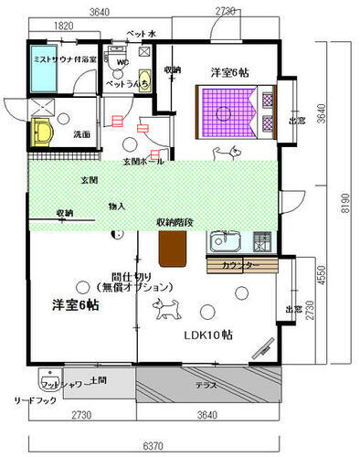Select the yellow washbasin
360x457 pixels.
point(44,133)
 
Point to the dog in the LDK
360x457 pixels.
point(167,312)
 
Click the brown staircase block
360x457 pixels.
point(172,248)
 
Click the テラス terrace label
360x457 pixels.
point(206,386)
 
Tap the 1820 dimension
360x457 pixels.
point(65,27)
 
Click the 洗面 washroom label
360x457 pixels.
point(82,134)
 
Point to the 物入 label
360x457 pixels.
point(117,206)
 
